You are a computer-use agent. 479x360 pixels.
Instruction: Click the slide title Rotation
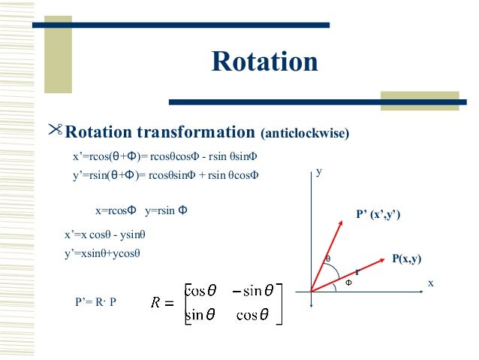(264, 62)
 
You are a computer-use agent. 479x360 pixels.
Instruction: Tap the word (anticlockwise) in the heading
(305, 135)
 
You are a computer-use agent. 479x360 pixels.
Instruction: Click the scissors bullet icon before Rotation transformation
(55, 132)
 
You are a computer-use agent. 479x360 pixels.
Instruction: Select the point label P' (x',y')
(378, 215)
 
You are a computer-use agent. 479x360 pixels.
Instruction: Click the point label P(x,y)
(406, 259)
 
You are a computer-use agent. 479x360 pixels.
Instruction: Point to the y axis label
(318, 171)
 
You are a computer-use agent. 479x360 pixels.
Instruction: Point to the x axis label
(431, 283)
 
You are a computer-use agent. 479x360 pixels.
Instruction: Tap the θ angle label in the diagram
(327, 259)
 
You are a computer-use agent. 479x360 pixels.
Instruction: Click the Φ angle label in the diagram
(348, 283)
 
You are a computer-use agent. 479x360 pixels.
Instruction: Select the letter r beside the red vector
(357, 271)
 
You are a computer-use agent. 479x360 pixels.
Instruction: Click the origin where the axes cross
(311, 290)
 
